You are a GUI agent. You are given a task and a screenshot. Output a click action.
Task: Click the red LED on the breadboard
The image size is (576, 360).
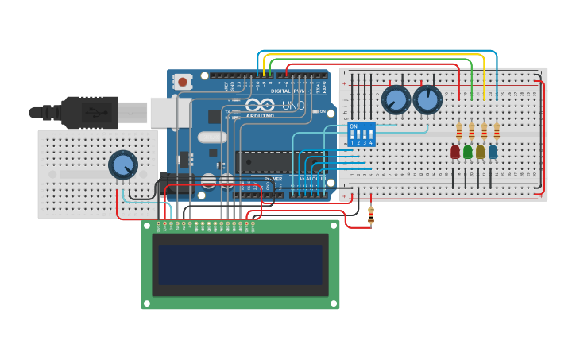click(x=455, y=151)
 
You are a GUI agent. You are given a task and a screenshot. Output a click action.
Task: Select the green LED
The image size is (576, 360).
click(x=468, y=151)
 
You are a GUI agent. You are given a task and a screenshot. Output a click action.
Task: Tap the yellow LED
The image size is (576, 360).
click(x=481, y=151)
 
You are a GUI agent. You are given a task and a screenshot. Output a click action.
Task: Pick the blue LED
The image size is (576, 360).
click(x=493, y=151)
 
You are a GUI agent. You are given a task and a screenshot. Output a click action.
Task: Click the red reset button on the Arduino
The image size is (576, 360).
click(x=184, y=81)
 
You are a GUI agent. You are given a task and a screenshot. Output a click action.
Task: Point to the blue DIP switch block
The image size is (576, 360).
click(x=361, y=134)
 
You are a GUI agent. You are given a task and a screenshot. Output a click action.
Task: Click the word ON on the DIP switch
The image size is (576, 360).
click(x=354, y=126)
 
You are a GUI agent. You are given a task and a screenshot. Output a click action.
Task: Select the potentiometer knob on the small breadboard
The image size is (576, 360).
click(x=122, y=165)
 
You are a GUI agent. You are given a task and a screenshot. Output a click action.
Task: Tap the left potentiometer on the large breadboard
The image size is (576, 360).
click(x=396, y=100)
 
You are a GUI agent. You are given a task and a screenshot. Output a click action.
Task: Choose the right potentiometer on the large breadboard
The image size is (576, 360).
click(x=427, y=99)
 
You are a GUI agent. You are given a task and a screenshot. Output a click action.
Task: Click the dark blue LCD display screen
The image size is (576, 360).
click(x=241, y=264)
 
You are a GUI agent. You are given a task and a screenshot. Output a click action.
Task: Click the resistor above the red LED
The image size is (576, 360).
click(x=458, y=130)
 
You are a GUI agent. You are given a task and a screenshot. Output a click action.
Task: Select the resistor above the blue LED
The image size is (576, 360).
click(x=497, y=130)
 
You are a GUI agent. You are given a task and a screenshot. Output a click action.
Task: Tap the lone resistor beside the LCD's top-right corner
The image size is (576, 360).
click(x=371, y=212)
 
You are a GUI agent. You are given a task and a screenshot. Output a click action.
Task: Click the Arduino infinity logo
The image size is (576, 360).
click(x=260, y=105)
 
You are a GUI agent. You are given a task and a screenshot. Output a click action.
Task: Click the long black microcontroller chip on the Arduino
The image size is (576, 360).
click(x=278, y=161)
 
